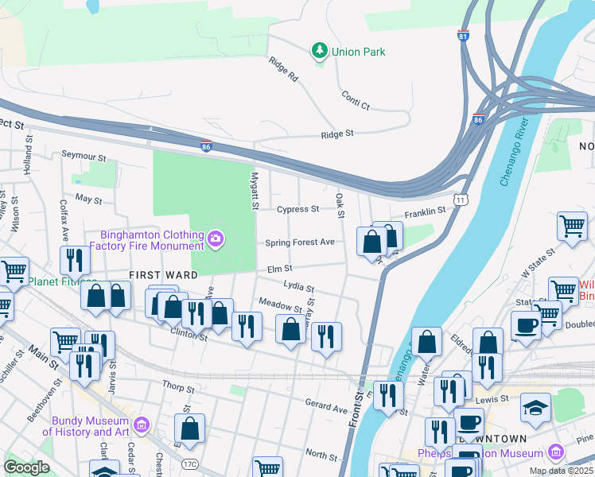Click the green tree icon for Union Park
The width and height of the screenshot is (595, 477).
click(x=320, y=51)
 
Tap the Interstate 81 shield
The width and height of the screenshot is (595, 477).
click(x=464, y=36)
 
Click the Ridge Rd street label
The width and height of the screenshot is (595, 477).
click(x=282, y=70)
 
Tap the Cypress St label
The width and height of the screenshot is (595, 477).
click(x=297, y=210)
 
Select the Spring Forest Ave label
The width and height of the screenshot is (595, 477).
click(x=299, y=242)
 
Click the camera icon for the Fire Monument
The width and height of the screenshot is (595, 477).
click(x=215, y=238)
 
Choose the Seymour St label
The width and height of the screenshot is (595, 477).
click(x=84, y=155)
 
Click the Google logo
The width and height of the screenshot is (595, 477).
click(x=26, y=467)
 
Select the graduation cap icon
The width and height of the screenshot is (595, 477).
click(x=535, y=409)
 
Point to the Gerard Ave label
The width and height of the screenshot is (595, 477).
click(x=326, y=406)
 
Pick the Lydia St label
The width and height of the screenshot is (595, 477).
click(x=299, y=285)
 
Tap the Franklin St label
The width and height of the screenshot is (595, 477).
click(x=425, y=212)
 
